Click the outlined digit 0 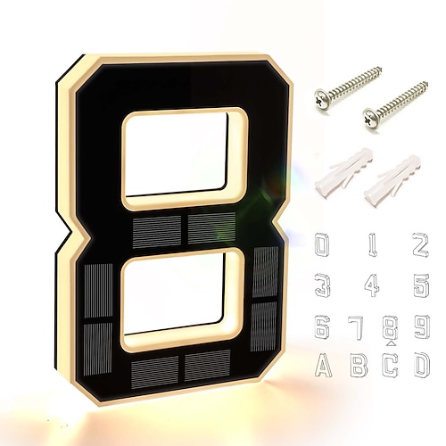[322, 245]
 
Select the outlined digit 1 [373, 245]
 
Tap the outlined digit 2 [420, 245]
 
